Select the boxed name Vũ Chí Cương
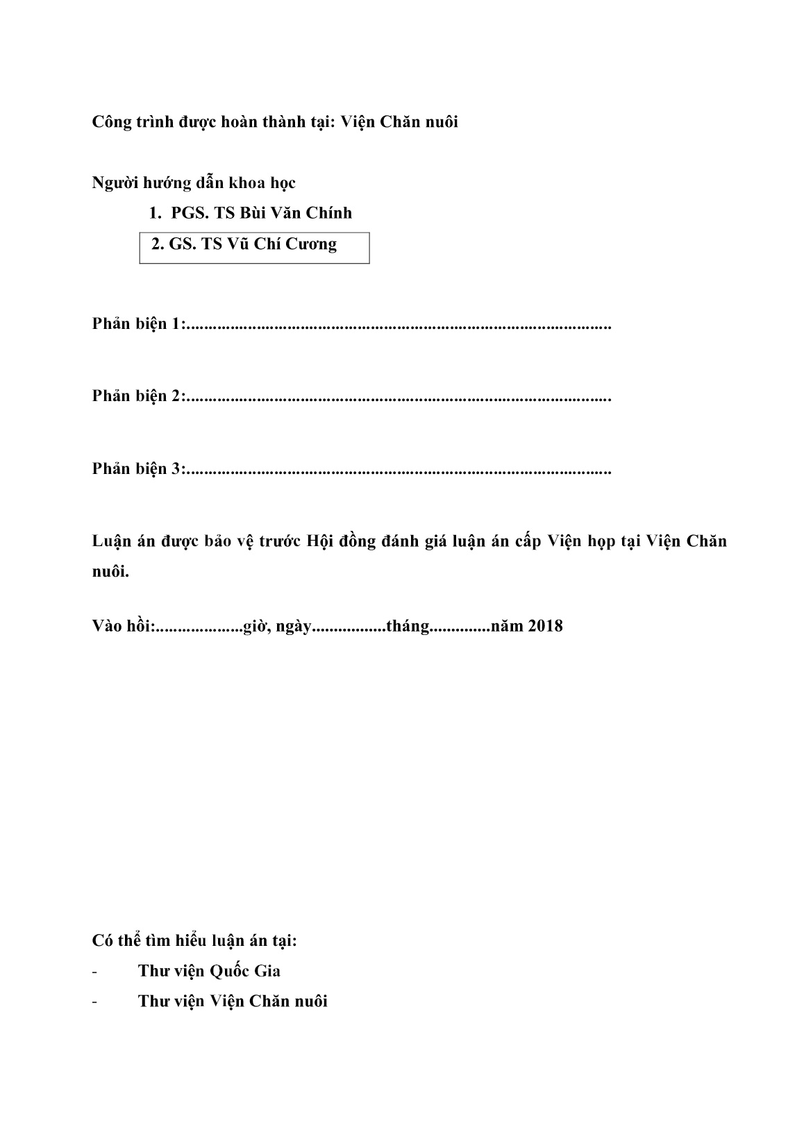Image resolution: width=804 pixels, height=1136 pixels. (x=281, y=244)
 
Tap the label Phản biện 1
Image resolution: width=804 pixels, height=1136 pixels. (x=138, y=324)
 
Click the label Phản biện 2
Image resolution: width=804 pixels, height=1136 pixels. (x=138, y=396)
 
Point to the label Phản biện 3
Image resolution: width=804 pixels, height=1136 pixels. (x=138, y=469)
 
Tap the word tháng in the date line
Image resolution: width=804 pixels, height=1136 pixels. (x=408, y=627)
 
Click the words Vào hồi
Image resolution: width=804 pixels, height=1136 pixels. (x=122, y=626)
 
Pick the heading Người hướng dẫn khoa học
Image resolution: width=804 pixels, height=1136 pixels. (x=194, y=183)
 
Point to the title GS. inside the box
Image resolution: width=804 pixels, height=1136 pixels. (x=183, y=244)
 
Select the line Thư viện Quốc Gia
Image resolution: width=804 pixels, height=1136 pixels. (x=209, y=971)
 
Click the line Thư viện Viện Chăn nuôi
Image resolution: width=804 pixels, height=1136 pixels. (x=233, y=1001)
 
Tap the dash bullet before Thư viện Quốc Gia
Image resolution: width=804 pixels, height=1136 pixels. (x=94, y=972)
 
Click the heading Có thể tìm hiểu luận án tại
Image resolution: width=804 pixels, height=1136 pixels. (x=194, y=941)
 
